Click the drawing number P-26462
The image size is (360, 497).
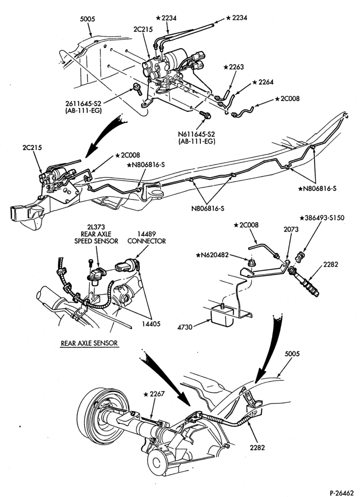(342, 493)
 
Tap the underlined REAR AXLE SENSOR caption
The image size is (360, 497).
(89, 343)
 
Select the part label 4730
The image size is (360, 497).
(185, 327)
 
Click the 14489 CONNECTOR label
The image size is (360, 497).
(147, 238)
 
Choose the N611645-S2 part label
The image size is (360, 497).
(196, 134)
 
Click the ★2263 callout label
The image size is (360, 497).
(234, 67)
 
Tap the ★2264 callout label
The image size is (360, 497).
(263, 82)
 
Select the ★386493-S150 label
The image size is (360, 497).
(322, 218)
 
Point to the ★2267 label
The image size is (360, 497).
(154, 394)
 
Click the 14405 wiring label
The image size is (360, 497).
(152, 324)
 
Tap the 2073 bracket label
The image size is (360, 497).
(291, 229)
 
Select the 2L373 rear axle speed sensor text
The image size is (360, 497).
(96, 234)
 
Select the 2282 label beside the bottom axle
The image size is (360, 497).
(257, 448)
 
